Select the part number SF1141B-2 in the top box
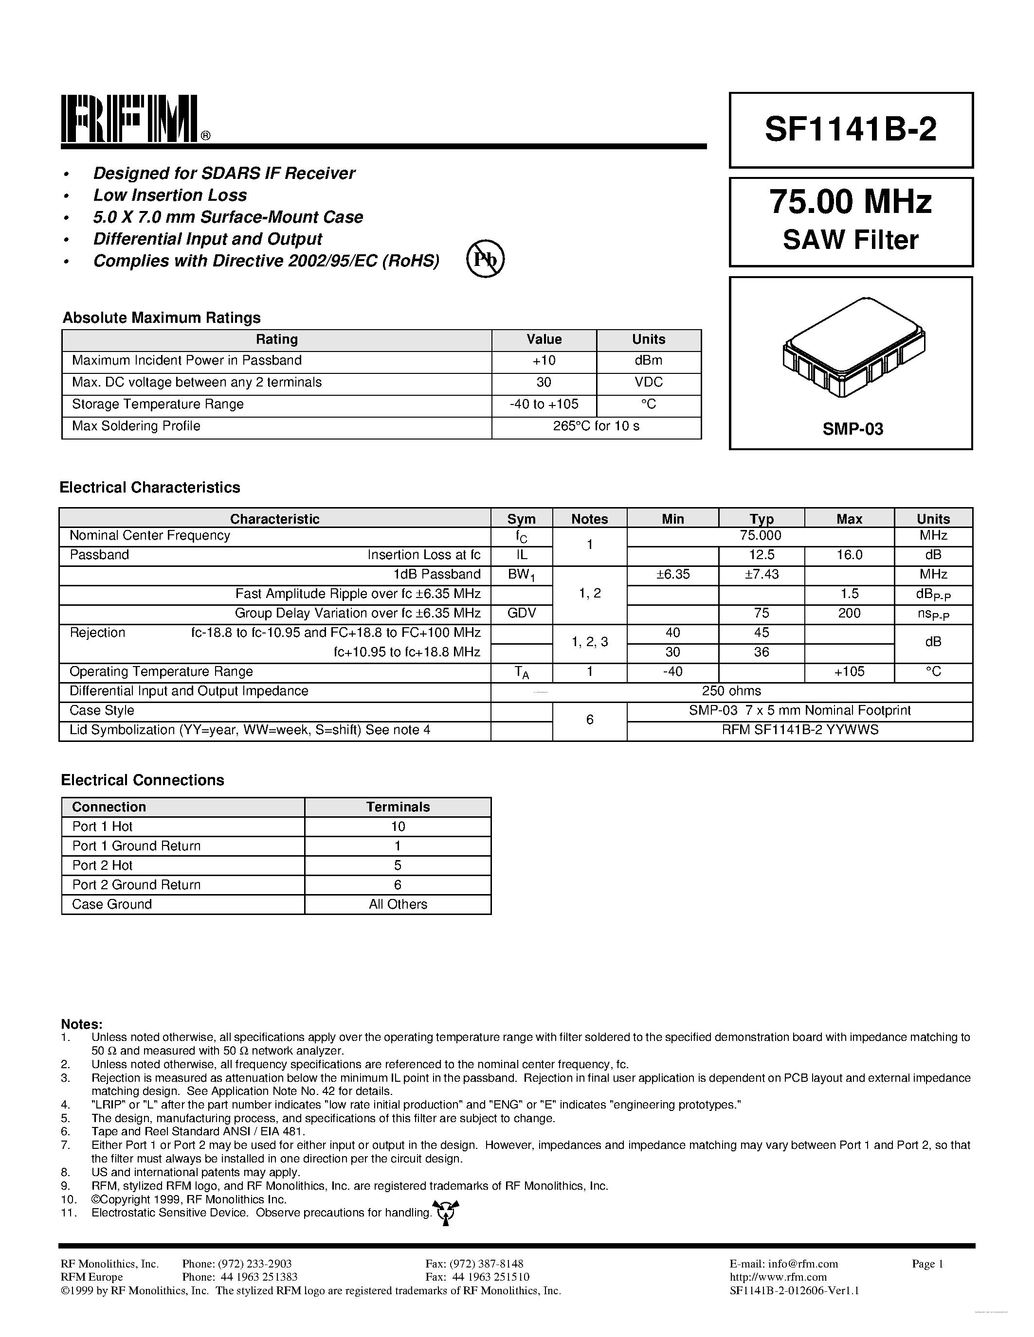(x=850, y=130)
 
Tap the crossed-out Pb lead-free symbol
(x=485, y=259)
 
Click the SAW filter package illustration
(x=854, y=347)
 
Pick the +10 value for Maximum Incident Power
(x=544, y=361)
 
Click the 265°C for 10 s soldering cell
(x=596, y=426)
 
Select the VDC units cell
(x=648, y=383)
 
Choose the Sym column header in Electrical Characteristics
(x=521, y=519)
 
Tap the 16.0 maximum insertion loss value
(x=849, y=555)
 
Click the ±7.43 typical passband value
(x=761, y=574)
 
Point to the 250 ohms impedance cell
(x=731, y=691)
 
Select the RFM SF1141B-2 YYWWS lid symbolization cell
(x=799, y=730)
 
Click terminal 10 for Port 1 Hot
(x=398, y=827)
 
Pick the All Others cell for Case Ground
(x=398, y=905)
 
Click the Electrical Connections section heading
(x=142, y=780)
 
